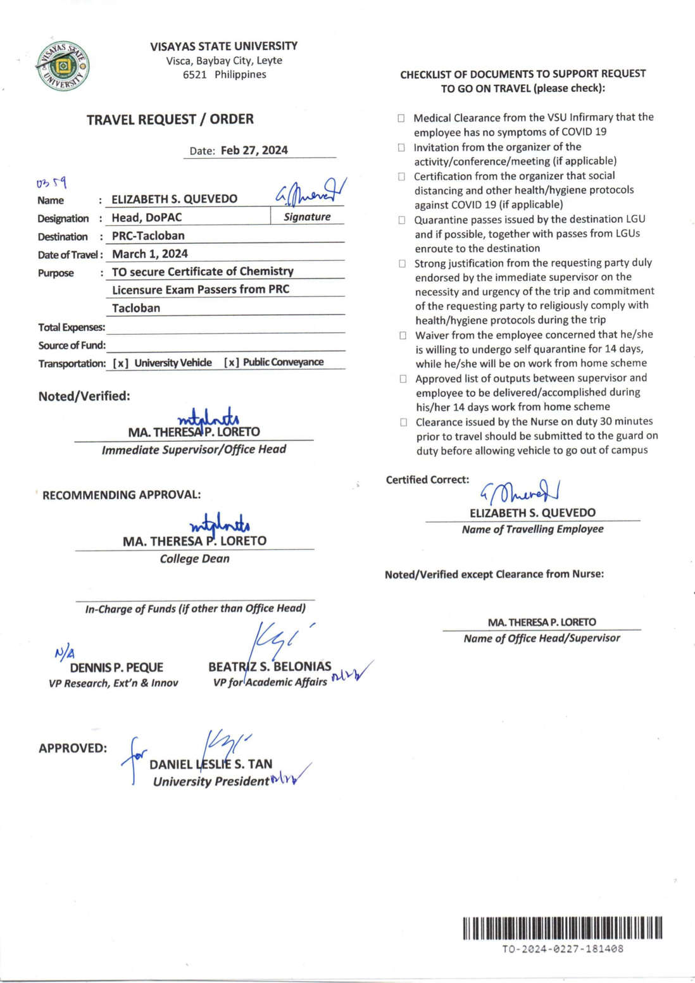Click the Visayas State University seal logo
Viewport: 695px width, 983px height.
click(63, 66)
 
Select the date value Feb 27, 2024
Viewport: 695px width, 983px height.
click(254, 151)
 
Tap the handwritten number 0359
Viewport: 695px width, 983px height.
click(51, 184)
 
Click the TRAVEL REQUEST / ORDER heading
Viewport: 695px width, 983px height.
click(170, 119)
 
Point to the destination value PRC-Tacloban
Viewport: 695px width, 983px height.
click(148, 236)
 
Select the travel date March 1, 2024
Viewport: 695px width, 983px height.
click(149, 254)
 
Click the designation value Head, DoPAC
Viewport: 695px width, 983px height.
click(147, 218)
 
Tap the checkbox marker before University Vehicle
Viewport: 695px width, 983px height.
click(121, 363)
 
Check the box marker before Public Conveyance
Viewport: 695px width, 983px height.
click(232, 363)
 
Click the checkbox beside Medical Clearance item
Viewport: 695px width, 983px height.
click(401, 118)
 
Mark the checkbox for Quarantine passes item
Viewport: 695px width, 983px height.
click(402, 220)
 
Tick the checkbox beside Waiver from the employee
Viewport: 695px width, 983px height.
click(403, 335)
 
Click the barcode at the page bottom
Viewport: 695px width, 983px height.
click(562, 928)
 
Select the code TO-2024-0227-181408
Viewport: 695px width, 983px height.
click(562, 949)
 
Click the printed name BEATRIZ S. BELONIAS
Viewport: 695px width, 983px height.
click(270, 667)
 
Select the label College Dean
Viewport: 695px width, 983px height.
click(194, 559)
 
